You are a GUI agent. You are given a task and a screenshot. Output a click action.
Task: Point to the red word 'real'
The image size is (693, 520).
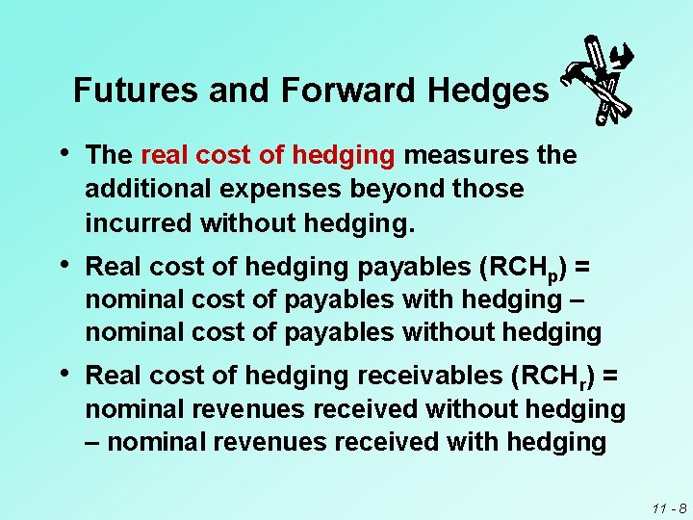point(169,155)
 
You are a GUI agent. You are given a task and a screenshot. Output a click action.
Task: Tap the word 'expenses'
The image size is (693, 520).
point(272,189)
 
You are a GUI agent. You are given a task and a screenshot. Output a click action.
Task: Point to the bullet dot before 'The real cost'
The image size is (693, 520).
point(64,152)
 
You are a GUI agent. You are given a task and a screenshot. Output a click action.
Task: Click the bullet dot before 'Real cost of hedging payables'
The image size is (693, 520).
point(64,263)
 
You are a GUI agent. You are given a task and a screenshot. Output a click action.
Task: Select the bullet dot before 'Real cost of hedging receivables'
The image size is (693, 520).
point(64,373)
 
